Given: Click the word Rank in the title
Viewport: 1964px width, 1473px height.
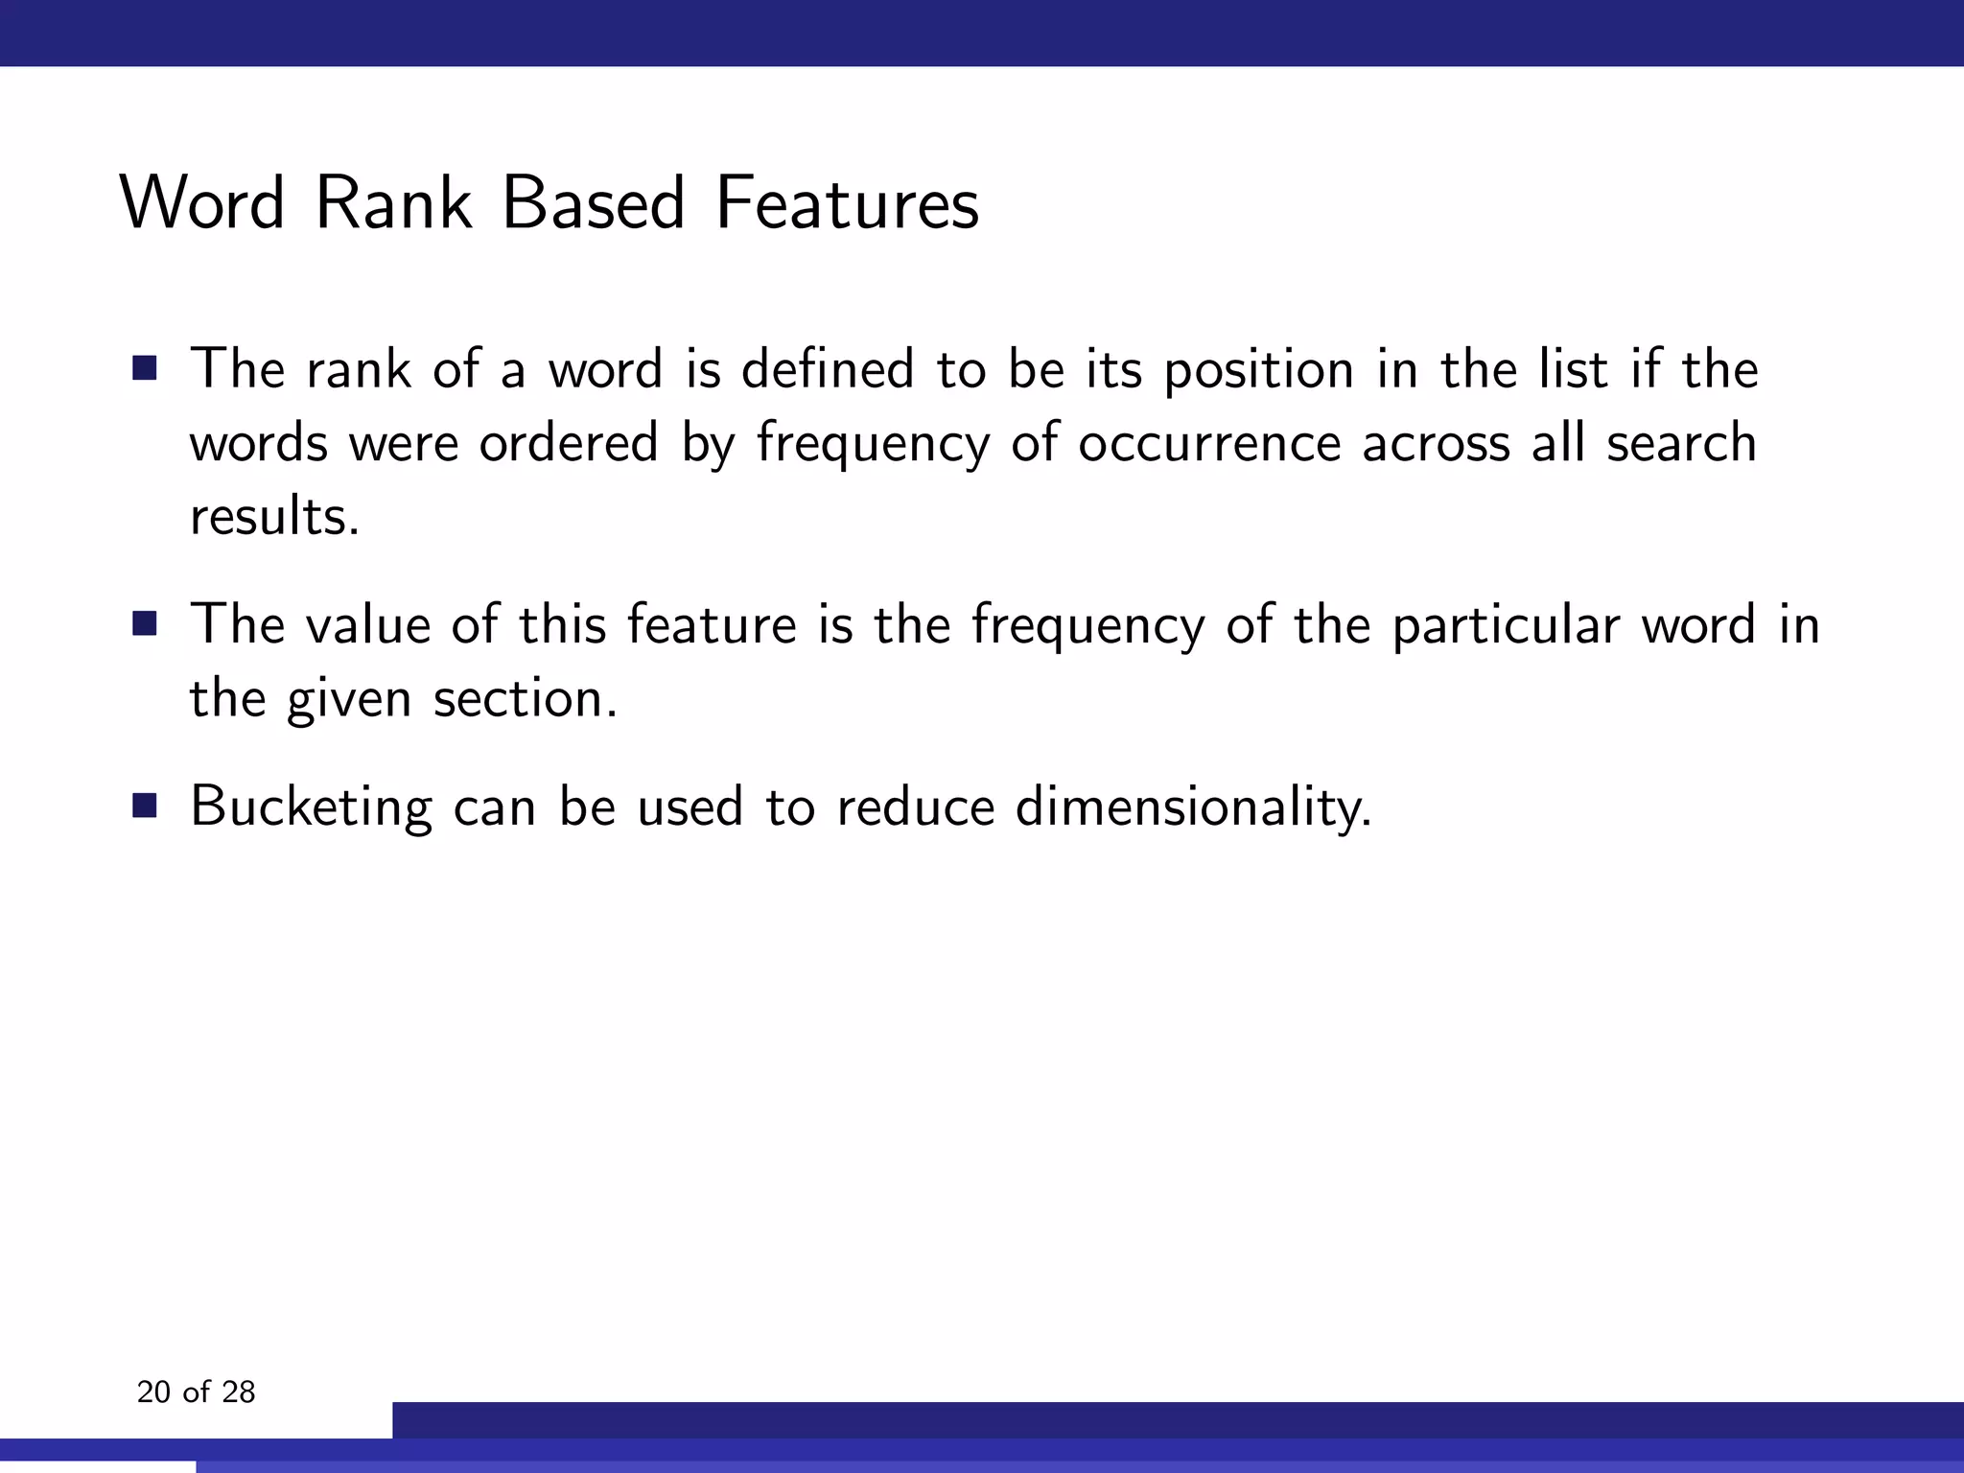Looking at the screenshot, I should [393, 203].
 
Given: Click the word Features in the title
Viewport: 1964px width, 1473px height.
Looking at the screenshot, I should [847, 203].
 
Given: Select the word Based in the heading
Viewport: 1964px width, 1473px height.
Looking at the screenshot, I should [594, 203].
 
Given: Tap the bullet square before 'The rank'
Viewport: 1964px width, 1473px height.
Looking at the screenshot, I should [145, 369].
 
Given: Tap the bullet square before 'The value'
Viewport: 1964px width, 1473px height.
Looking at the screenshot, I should [145, 625].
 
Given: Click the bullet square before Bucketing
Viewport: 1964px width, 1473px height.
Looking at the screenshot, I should [145, 806].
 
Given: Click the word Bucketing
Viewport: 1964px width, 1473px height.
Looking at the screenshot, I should [311, 807].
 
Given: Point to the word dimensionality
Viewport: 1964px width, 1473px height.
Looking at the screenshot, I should [1193, 807].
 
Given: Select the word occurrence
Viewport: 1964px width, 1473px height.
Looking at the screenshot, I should [1209, 444].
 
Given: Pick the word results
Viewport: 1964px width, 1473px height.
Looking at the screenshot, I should [274, 517].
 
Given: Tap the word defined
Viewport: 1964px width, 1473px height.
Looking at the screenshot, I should [828, 369].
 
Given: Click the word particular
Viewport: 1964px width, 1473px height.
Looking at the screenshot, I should [1506, 625].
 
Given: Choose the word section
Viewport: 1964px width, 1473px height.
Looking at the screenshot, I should [525, 698].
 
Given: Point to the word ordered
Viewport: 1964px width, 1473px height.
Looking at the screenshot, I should [568, 444].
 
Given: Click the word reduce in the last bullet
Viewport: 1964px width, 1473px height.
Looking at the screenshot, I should [915, 807].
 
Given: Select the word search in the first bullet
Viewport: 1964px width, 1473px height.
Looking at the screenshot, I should [1681, 444].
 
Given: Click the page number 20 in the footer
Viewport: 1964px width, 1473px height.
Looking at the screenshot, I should [153, 1392].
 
